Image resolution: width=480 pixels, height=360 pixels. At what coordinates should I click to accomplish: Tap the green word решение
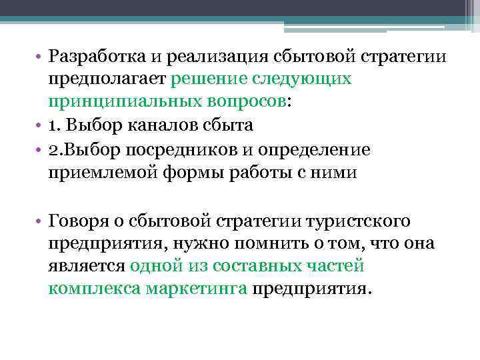(209, 79)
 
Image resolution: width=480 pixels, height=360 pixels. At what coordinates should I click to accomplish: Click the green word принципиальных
(123, 102)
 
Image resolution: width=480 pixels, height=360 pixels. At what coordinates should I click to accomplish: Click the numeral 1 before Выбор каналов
(53, 125)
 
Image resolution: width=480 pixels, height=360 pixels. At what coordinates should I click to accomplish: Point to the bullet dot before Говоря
(41, 221)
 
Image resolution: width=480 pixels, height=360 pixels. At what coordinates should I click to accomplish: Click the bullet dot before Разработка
(41, 57)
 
